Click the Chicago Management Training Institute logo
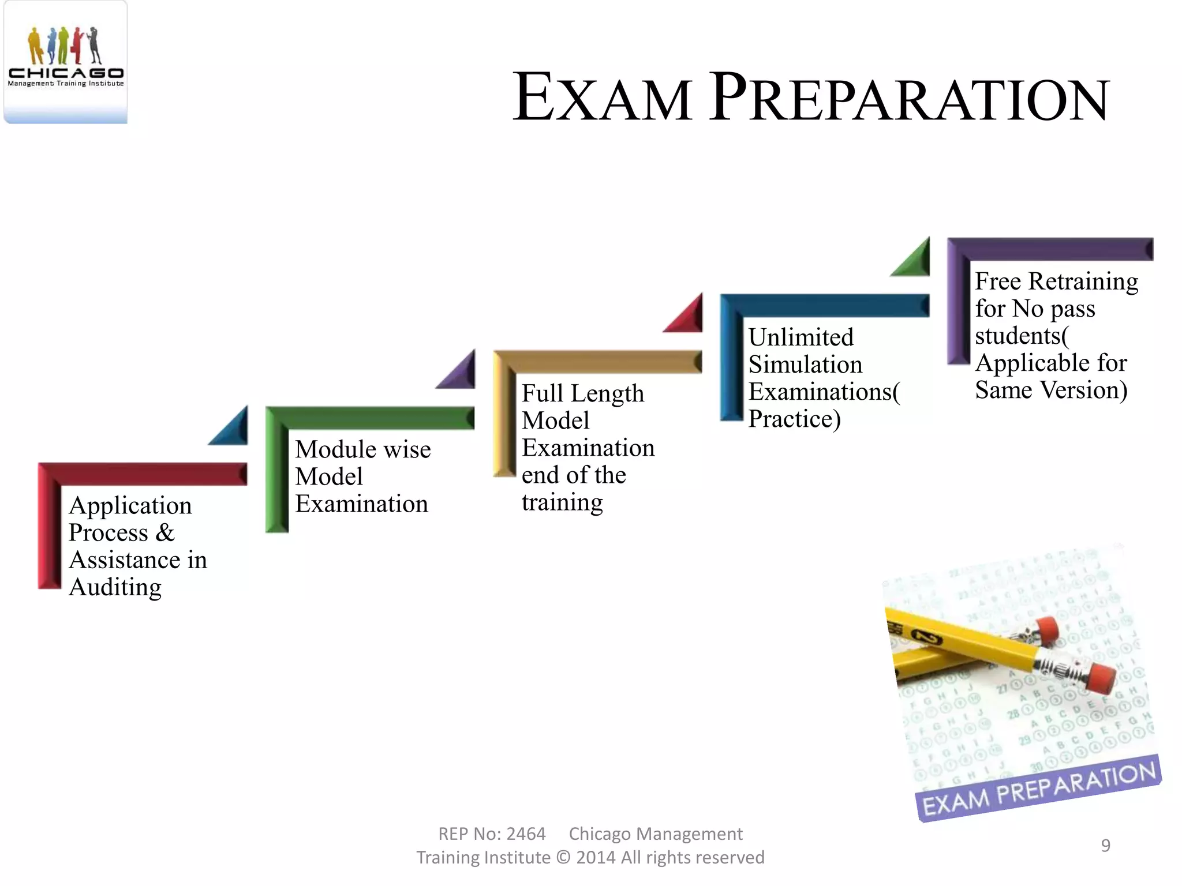[x=65, y=61]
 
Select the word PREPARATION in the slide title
[x=908, y=98]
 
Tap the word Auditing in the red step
[x=115, y=588]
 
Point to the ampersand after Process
[x=164, y=532]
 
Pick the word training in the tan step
[x=562, y=502]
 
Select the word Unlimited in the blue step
[x=801, y=337]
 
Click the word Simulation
[x=805, y=365]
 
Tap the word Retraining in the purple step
[x=1083, y=281]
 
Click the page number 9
[x=1105, y=845]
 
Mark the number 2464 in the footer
[x=525, y=834]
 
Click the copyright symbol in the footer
[x=563, y=858]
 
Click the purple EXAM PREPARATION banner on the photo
[x=1039, y=788]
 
